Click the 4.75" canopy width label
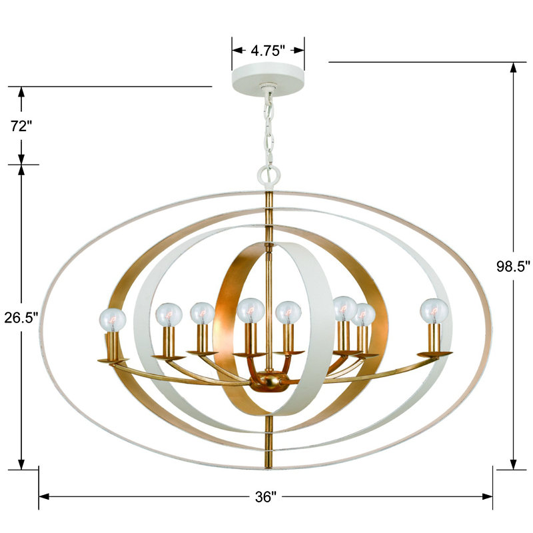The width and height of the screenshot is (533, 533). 268,50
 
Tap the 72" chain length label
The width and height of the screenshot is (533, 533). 21,126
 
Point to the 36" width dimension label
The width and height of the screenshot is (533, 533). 266,497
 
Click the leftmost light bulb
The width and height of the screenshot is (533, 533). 112,318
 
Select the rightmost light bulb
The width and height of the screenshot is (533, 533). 434,311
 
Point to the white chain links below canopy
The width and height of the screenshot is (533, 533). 269,127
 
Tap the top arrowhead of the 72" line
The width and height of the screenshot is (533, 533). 21,92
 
